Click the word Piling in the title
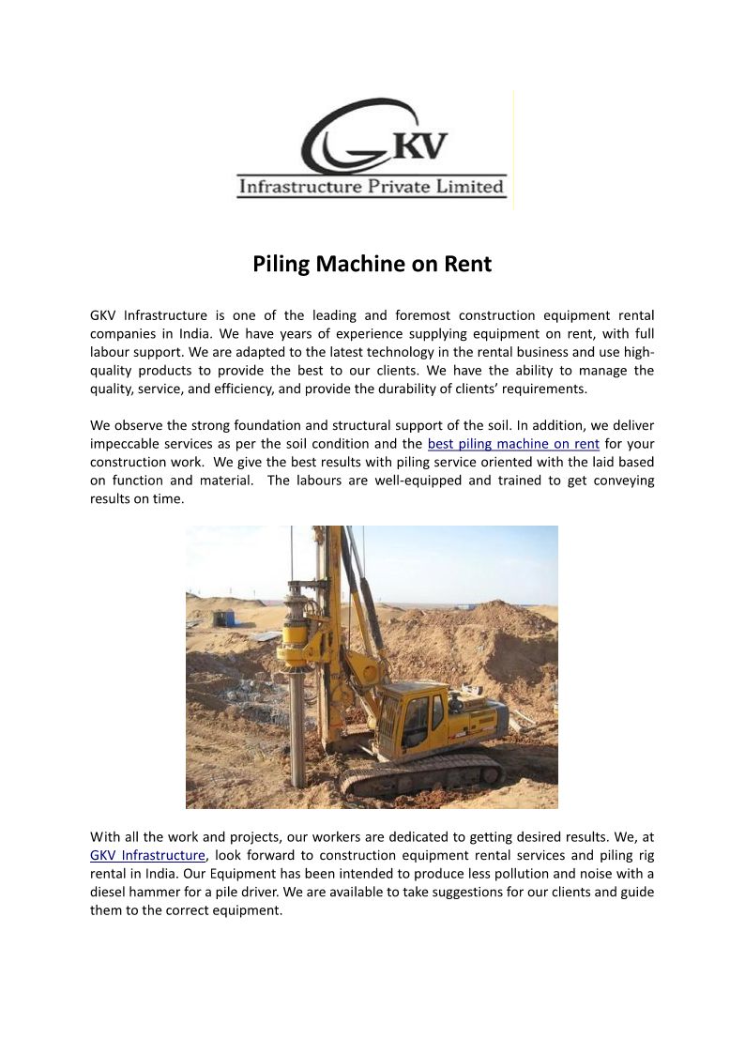(281, 265)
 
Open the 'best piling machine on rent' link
(513, 443)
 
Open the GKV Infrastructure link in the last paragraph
(147, 855)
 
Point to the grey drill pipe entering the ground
(298, 732)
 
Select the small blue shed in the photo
(223, 619)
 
